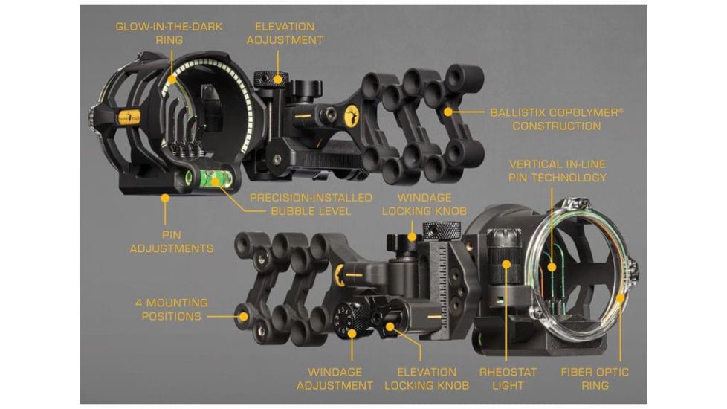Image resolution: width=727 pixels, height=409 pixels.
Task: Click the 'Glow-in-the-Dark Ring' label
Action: coord(169,33)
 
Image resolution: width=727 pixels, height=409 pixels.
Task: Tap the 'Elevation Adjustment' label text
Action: coord(285,33)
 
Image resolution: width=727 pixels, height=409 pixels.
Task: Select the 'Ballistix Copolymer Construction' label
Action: coord(557,119)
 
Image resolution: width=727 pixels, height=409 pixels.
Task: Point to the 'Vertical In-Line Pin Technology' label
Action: coord(558,170)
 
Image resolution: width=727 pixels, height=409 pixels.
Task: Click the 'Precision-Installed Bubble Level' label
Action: coord(311,204)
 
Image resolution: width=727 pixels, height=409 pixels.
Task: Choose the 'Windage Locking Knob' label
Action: coord(424,204)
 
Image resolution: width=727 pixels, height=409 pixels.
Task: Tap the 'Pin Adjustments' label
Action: coord(172,242)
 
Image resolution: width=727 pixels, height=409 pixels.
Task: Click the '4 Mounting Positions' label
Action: coord(172,310)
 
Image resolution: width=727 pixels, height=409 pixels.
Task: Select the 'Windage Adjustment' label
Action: coord(335,379)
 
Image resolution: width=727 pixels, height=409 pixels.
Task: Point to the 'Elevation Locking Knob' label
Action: coord(427,379)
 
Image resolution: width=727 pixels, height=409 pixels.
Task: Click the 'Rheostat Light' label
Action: coord(508,379)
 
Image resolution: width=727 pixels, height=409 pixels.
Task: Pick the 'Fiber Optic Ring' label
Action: coord(595,379)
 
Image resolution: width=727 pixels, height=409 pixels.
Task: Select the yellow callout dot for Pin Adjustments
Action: coord(165,198)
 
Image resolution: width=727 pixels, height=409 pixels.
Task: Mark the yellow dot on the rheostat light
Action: coord(507,265)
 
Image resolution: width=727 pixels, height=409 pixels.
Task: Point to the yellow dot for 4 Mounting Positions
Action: coord(243,317)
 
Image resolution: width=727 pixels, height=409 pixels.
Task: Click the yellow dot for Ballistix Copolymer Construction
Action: coord(448,112)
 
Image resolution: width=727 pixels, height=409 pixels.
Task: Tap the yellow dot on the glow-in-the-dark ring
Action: coord(172,80)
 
